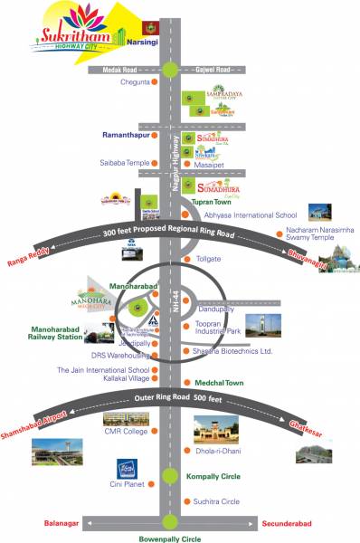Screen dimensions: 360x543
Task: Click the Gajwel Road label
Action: coord(213,69)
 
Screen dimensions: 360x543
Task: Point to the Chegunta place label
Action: coord(135,82)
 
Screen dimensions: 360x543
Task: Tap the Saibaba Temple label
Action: coord(124,163)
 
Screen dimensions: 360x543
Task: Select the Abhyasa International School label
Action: coord(250,215)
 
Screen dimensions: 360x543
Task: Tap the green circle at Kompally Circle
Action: coord(170,476)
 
